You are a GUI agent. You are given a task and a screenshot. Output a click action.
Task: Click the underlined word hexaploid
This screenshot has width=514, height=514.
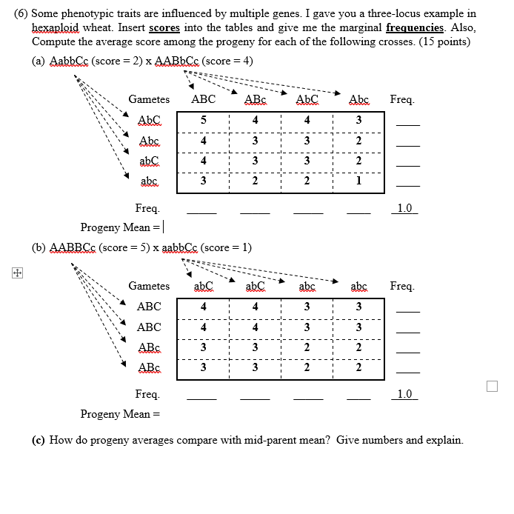point(56,27)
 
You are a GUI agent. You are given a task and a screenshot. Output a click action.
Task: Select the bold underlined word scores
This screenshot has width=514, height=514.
point(164,27)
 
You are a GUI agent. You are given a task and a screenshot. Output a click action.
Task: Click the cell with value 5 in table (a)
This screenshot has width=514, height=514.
point(203,120)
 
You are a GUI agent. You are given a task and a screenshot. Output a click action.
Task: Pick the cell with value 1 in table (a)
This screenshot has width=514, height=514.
point(358,180)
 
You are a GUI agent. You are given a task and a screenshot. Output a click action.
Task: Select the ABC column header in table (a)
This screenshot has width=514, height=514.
point(203,99)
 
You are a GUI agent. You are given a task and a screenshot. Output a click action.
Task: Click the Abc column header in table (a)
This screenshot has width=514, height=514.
point(358,99)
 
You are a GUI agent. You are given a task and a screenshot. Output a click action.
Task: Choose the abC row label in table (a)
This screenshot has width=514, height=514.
point(149,160)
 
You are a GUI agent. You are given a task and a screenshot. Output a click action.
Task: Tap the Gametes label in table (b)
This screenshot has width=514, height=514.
point(149,286)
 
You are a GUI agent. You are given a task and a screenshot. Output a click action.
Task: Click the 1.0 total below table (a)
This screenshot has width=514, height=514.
point(404,209)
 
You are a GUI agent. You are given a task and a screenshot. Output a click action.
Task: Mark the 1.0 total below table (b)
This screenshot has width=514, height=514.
point(404,394)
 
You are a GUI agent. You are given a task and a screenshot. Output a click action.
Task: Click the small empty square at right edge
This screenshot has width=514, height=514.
point(493,386)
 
